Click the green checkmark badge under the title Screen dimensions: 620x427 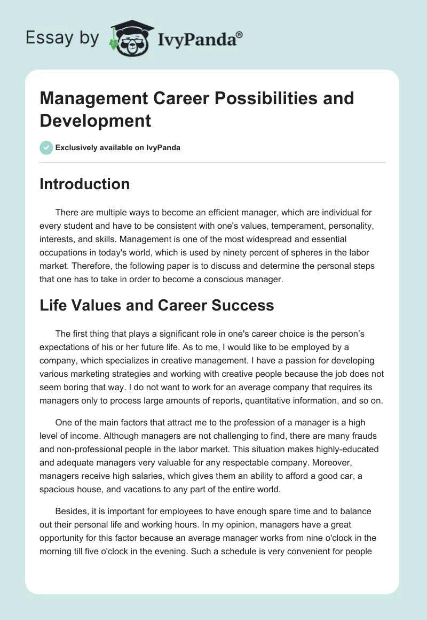(x=46, y=148)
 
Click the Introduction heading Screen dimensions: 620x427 (x=84, y=184)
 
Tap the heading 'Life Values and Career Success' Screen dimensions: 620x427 (x=157, y=305)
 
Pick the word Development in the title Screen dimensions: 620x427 (x=96, y=121)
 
